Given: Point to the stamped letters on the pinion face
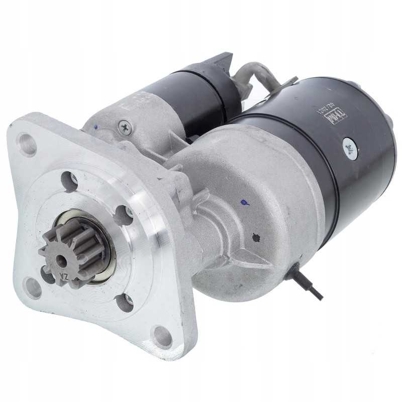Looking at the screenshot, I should click(x=64, y=275).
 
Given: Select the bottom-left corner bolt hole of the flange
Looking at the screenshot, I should click(x=33, y=287).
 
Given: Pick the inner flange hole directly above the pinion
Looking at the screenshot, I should click(x=69, y=181).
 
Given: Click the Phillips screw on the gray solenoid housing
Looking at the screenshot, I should click(x=123, y=128).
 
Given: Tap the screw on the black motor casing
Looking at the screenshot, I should click(x=349, y=146).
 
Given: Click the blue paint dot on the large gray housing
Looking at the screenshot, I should click(x=244, y=203).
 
